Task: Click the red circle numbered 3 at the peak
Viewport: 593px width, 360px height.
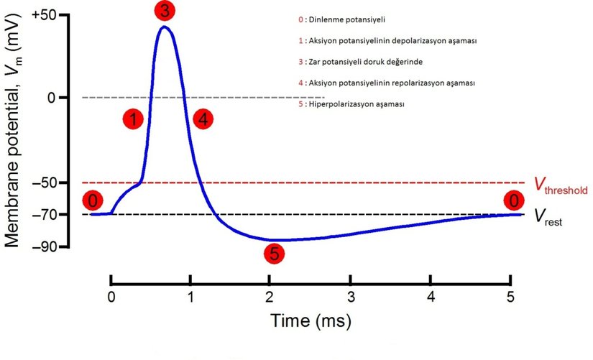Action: point(165,11)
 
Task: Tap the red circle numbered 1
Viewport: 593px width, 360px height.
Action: point(134,119)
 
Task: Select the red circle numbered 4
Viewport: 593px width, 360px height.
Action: point(203,119)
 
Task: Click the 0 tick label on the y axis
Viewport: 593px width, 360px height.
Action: point(52,97)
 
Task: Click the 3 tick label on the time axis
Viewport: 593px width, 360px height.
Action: point(350,297)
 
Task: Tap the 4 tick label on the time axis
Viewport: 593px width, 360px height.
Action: point(431,297)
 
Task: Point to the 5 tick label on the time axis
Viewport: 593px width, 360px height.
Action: point(510,297)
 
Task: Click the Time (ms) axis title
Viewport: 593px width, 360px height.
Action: point(311,321)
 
